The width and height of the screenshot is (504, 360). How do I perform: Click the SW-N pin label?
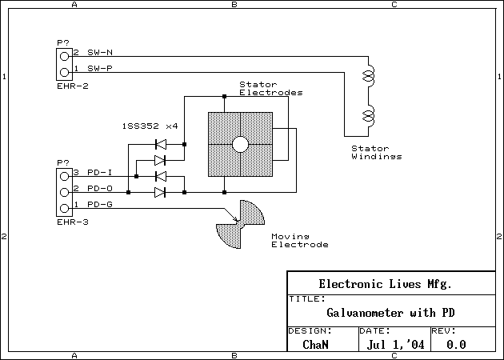pyautogui.click(x=100, y=53)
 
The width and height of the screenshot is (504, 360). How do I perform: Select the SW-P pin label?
pyautogui.click(x=100, y=68)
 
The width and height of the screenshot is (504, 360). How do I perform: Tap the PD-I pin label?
pyautogui.click(x=100, y=173)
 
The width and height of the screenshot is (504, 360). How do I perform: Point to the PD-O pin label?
pyautogui.click(x=100, y=189)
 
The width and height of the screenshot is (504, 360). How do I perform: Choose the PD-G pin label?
pyautogui.click(x=100, y=205)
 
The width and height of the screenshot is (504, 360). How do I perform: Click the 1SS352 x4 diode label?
pyautogui.click(x=150, y=126)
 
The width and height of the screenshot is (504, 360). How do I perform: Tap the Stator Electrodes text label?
pyautogui.click(x=271, y=88)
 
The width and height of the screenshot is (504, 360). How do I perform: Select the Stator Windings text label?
pyautogui.click(x=375, y=152)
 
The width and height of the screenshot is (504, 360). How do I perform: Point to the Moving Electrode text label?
pyautogui.click(x=299, y=241)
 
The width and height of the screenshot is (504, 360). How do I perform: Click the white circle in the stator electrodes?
pyautogui.click(x=240, y=145)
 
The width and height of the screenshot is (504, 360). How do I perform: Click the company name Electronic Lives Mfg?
pyautogui.click(x=385, y=284)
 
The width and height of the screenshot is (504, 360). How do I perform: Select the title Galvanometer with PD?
pyautogui.click(x=396, y=313)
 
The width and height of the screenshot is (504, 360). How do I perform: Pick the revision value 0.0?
pyautogui.click(x=456, y=345)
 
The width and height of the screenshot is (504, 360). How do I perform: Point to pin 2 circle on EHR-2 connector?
pyautogui.click(x=63, y=56)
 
